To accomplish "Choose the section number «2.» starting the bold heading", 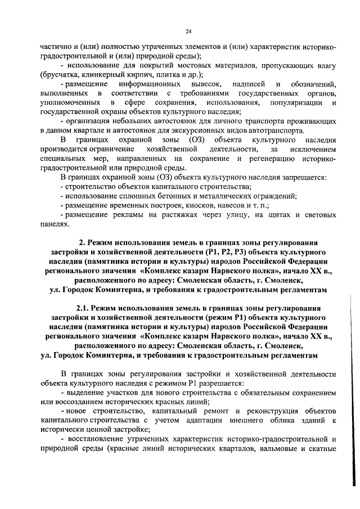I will click(82, 242).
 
